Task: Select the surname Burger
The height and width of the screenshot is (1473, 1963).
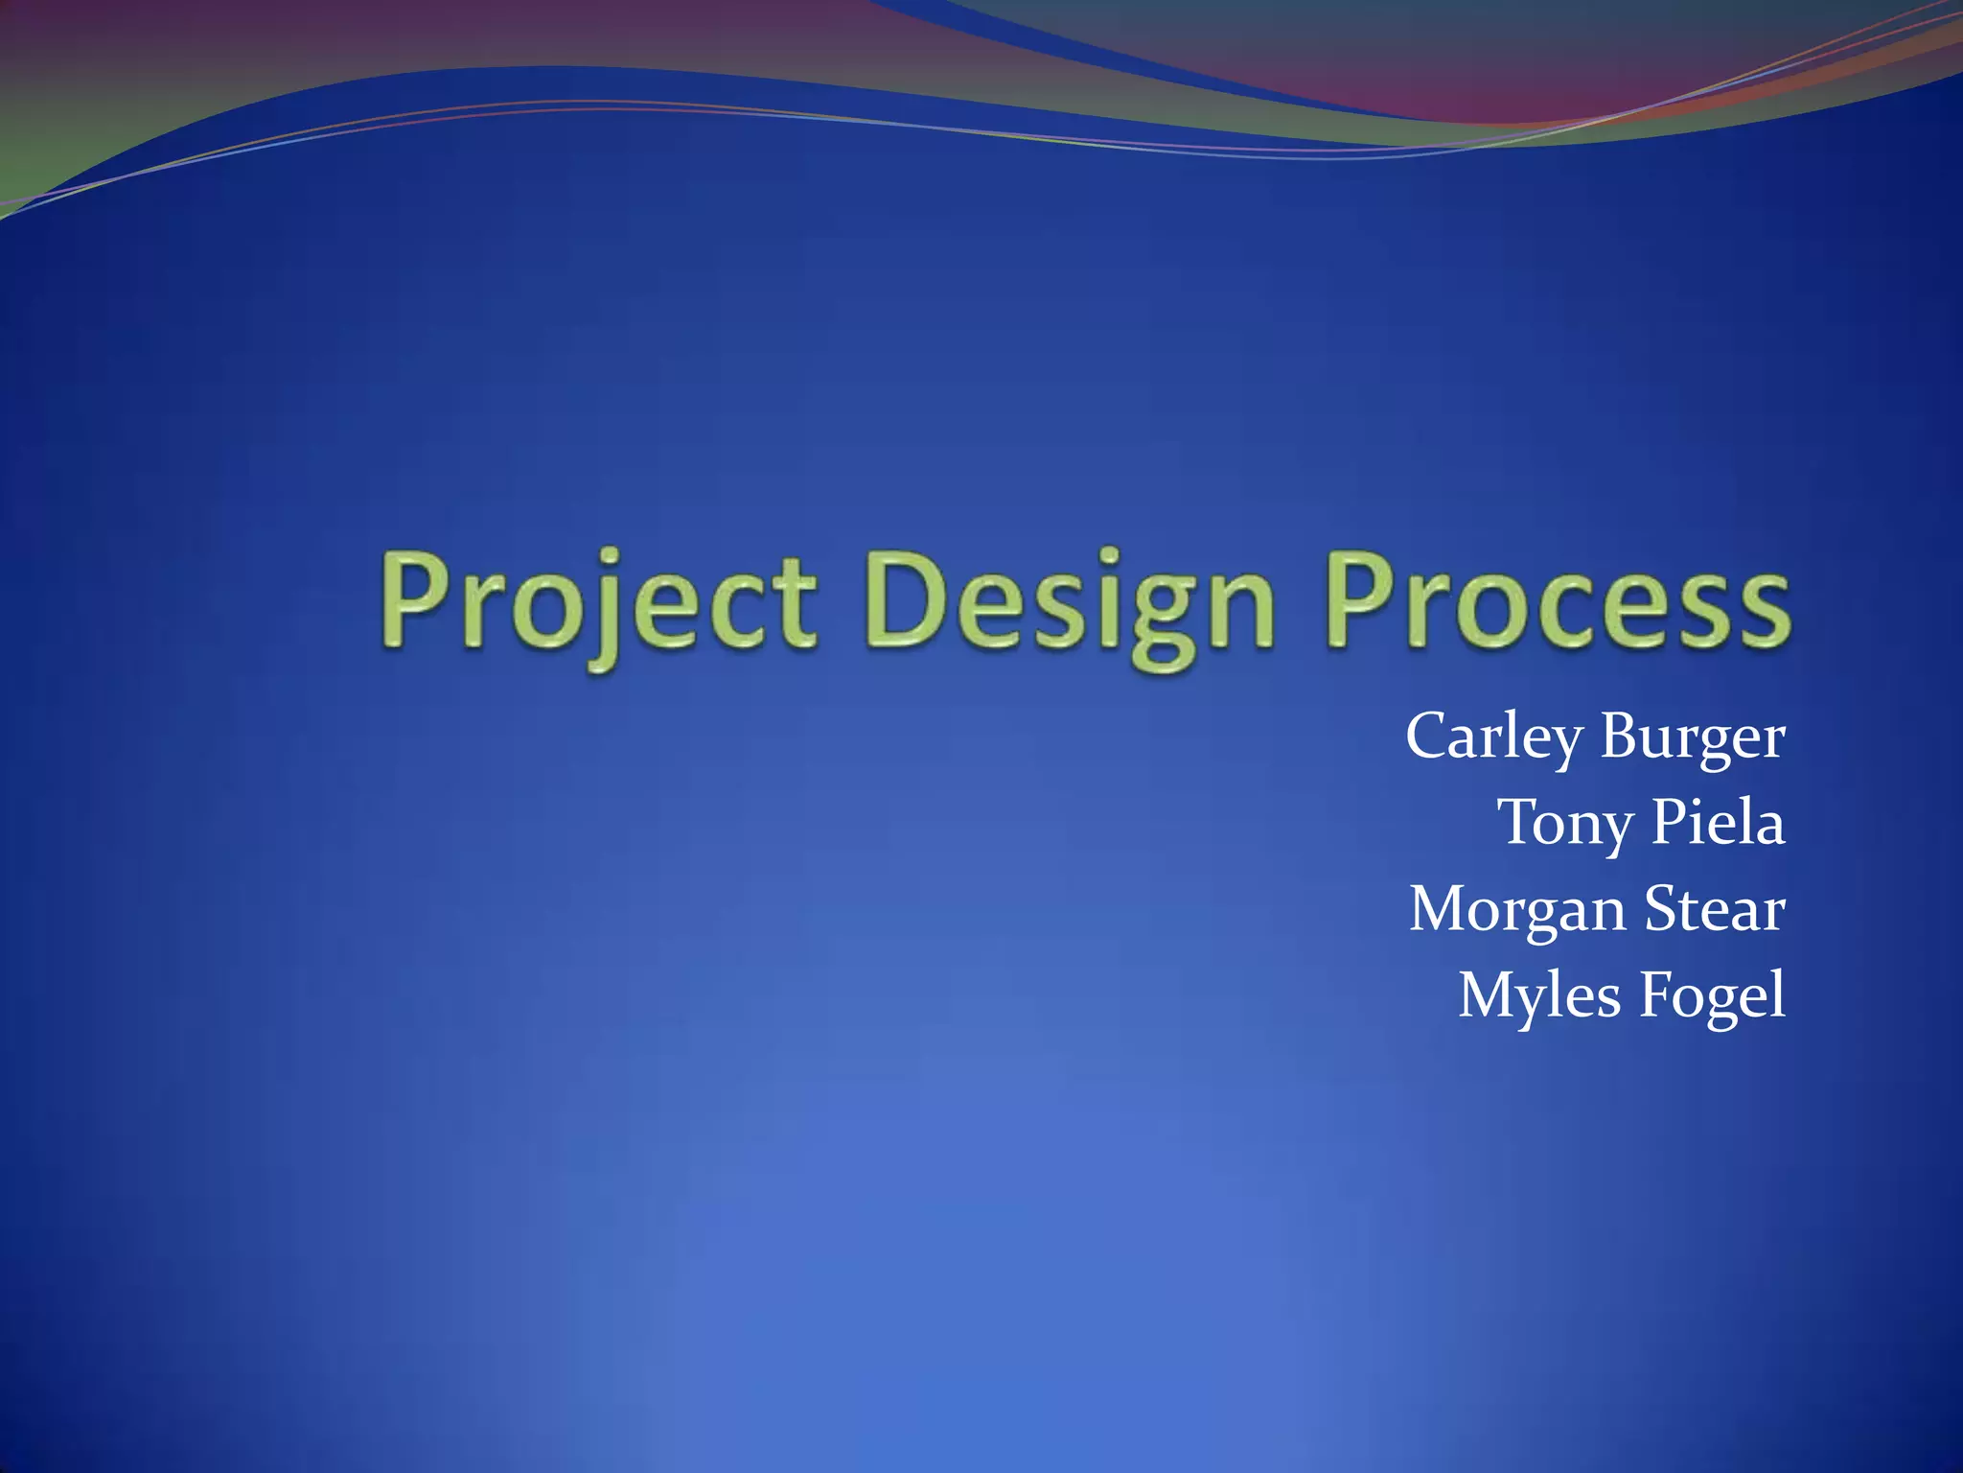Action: tap(1692, 736)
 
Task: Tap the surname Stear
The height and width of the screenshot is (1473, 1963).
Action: tap(1715, 909)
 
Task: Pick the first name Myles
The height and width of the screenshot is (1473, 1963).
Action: tap(1539, 995)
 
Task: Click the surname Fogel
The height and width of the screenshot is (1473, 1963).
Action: tap(1712, 995)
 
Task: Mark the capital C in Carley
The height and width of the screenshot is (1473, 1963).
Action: tap(1430, 736)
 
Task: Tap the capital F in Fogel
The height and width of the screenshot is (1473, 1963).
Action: tap(1655, 995)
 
